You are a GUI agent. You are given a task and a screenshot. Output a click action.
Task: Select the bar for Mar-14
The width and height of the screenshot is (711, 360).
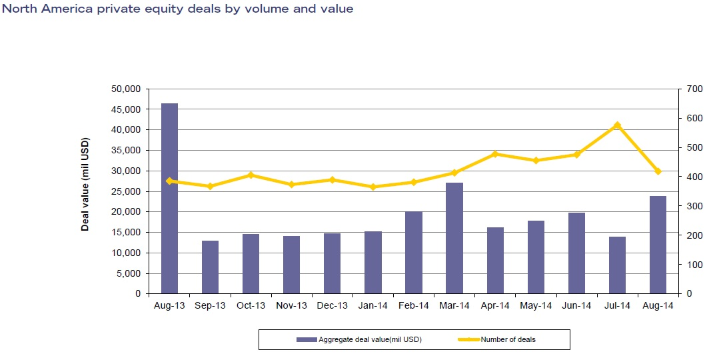coord(454,238)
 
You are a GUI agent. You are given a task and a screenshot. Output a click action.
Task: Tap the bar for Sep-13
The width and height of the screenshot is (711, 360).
coord(210,267)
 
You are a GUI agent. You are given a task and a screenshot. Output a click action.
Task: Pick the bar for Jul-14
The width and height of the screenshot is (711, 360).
coord(617,265)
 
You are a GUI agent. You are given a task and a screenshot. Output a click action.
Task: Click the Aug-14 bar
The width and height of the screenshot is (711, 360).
coord(658,245)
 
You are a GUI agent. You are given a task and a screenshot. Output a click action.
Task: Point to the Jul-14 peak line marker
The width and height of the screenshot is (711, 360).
coord(617,125)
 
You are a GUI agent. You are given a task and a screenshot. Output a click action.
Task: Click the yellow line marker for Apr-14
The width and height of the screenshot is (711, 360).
coord(495,154)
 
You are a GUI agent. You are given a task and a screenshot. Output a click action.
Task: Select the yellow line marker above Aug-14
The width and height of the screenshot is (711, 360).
coord(658,171)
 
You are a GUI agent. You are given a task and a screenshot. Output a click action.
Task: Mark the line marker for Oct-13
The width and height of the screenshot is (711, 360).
coord(251,175)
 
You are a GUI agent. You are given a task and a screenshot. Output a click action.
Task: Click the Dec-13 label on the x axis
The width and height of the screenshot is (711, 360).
coord(332,305)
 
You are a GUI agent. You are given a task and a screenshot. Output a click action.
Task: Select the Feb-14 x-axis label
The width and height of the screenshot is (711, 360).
coord(413,305)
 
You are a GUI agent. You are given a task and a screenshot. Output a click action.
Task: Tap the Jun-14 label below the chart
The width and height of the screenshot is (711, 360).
coord(576,305)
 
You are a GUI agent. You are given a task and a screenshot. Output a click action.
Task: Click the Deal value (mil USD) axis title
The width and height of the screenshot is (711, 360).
coord(85,184)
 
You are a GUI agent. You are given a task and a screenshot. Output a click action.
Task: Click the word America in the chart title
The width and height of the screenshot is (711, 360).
coord(61,9)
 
